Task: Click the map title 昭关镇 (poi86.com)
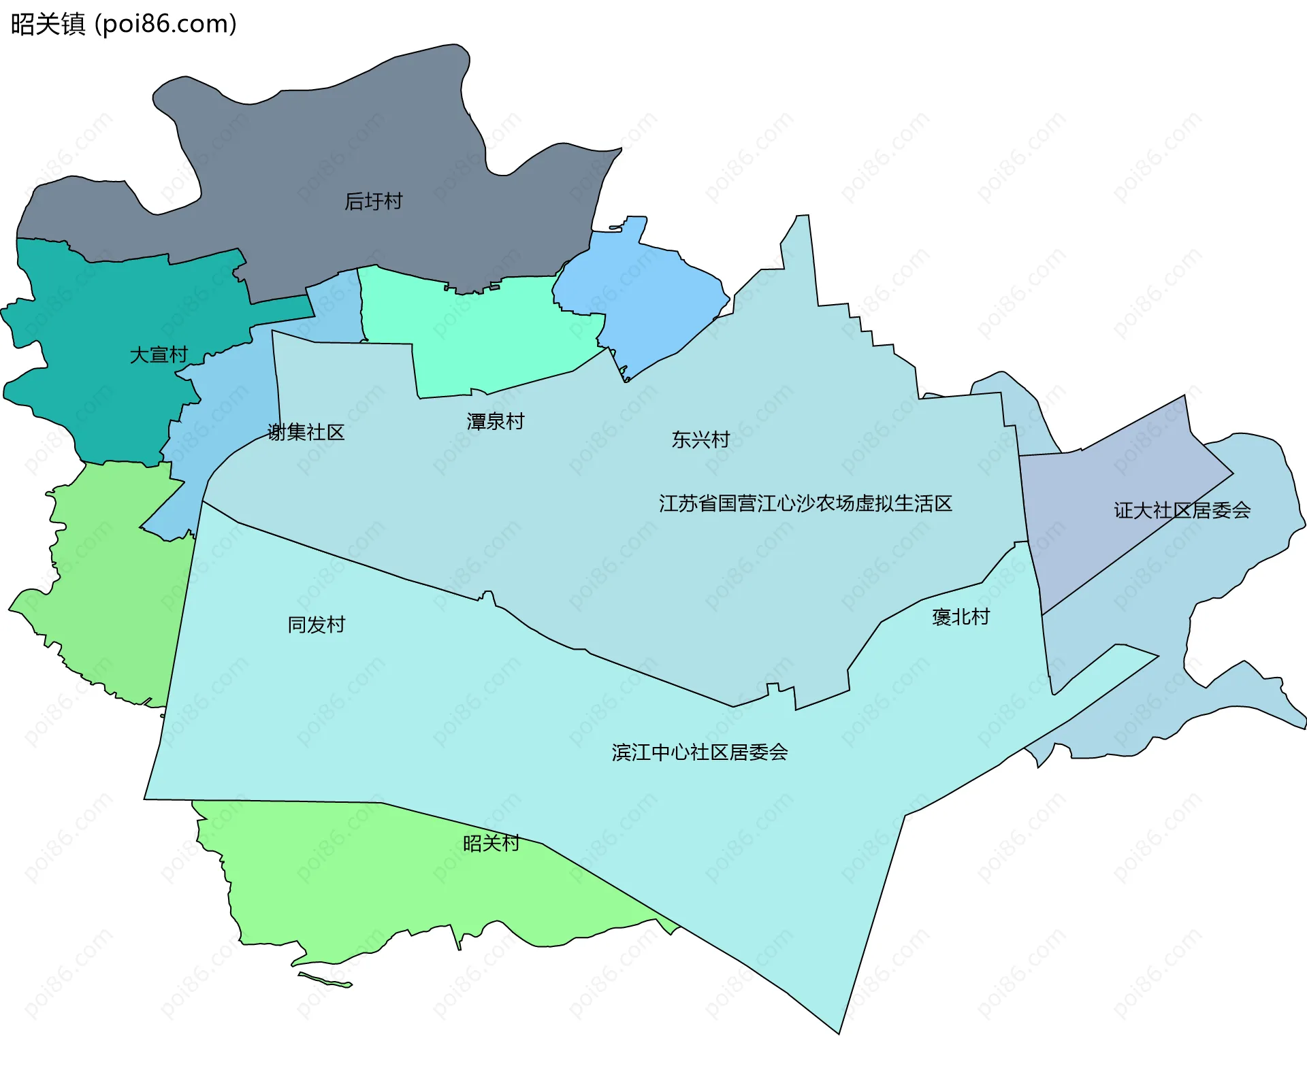tap(123, 24)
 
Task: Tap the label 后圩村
tap(373, 201)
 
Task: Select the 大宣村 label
tap(158, 354)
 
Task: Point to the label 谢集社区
tap(306, 432)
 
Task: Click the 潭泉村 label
tap(495, 421)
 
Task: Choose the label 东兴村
tap(700, 439)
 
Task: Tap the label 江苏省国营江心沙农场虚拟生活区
tap(805, 503)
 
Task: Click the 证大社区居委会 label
tap(1182, 510)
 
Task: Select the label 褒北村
tap(960, 617)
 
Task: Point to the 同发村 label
tap(316, 625)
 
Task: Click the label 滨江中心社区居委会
tap(699, 752)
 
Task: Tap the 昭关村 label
tap(491, 844)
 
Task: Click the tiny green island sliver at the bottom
tap(325, 980)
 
